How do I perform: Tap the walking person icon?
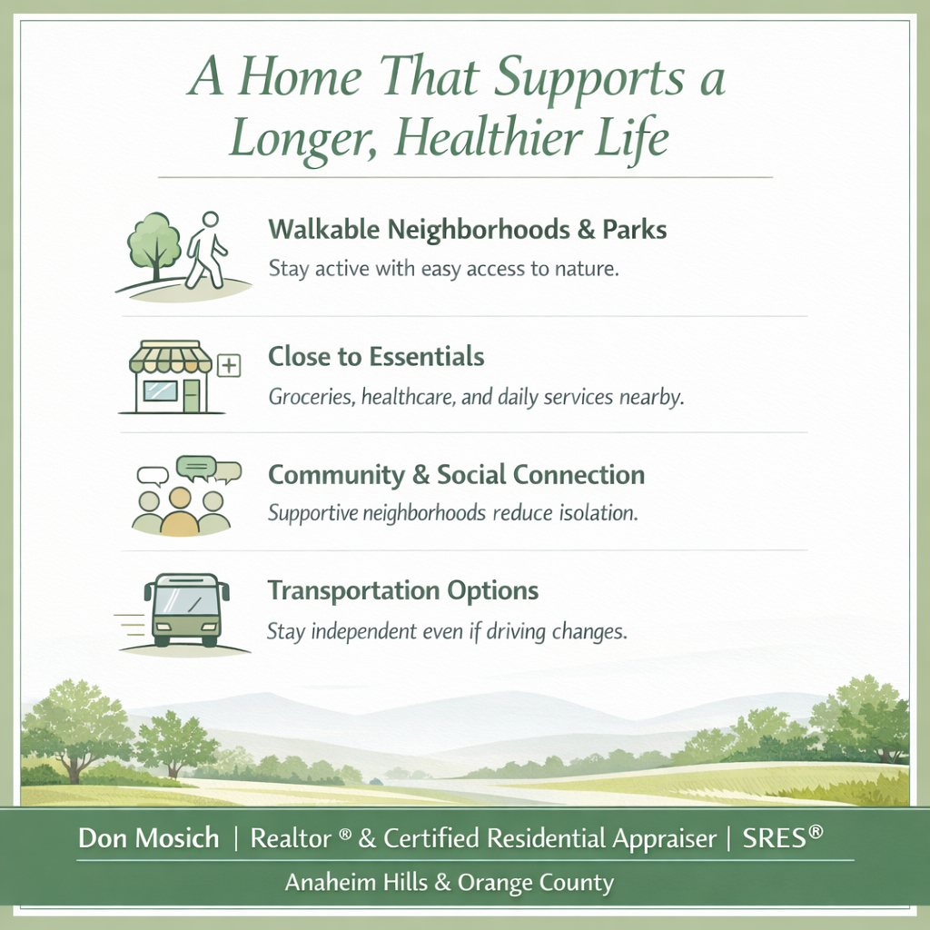(x=206, y=250)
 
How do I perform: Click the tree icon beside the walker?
(x=153, y=242)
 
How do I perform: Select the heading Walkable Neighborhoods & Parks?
(x=467, y=230)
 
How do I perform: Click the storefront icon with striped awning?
(x=170, y=377)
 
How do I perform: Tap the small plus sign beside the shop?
(x=230, y=366)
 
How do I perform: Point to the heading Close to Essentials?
(x=375, y=357)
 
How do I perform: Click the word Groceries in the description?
(x=308, y=398)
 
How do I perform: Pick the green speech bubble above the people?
(x=197, y=468)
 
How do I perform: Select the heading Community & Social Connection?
(x=456, y=475)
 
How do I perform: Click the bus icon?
(x=186, y=609)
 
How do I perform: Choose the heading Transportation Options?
(x=402, y=591)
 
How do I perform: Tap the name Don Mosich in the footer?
(x=148, y=838)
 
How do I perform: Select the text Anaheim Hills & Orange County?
(x=450, y=882)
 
